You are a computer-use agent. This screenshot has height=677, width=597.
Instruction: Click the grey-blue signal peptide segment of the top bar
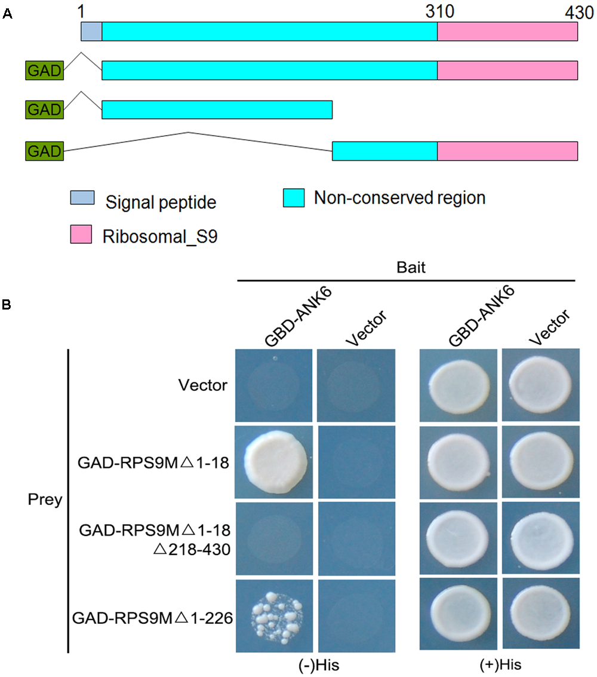click(x=91, y=32)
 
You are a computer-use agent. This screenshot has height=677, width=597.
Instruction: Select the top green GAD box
click(x=44, y=71)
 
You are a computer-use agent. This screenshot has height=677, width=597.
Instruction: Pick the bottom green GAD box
click(x=44, y=151)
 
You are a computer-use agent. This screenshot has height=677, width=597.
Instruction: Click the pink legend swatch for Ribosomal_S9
click(x=81, y=235)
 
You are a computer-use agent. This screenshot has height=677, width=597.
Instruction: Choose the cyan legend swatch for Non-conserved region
click(x=293, y=198)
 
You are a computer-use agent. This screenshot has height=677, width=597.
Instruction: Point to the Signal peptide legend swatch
click(x=81, y=201)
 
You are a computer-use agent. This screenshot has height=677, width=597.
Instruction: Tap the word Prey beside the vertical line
click(x=45, y=500)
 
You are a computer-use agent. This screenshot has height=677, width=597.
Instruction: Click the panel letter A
click(x=7, y=16)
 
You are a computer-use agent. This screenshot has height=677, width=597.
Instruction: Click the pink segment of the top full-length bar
click(x=507, y=32)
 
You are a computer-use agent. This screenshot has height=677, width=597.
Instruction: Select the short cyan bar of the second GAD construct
click(x=217, y=110)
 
